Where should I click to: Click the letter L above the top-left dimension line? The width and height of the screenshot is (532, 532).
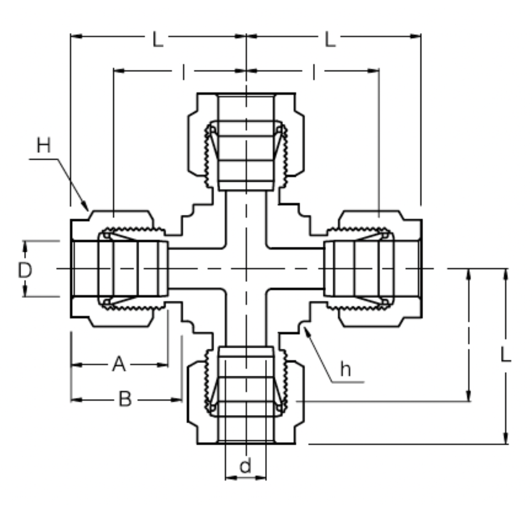(x=157, y=39)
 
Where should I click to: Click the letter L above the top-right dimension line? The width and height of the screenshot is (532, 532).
(x=330, y=39)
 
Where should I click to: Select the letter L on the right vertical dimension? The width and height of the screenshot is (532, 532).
(x=505, y=354)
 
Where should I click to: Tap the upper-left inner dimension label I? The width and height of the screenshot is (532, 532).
(x=183, y=72)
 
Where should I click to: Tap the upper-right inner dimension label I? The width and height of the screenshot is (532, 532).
(x=313, y=72)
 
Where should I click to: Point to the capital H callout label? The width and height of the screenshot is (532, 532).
(x=44, y=146)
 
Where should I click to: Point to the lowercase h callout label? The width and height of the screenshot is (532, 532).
(x=345, y=369)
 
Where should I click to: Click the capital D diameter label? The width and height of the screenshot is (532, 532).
(x=25, y=270)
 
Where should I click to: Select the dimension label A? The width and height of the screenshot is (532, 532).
(x=118, y=365)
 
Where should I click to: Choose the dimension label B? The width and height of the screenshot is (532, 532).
(x=125, y=399)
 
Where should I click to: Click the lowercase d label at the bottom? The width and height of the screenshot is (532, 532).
(x=245, y=465)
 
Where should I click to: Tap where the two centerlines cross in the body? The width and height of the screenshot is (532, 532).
(x=246, y=268)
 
